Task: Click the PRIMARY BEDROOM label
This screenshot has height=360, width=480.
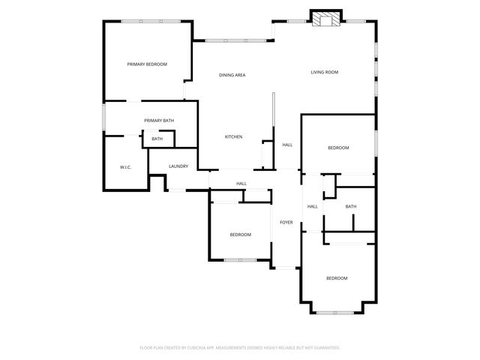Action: click(x=147, y=64)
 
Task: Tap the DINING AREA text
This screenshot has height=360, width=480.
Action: click(x=232, y=75)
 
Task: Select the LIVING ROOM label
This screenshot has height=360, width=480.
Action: click(x=325, y=72)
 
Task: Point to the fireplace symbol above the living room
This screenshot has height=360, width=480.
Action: click(x=326, y=20)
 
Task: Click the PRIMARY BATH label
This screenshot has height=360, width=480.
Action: click(x=159, y=121)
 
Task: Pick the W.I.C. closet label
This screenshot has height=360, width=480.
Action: click(x=125, y=166)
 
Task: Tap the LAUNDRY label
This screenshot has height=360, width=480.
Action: click(x=178, y=166)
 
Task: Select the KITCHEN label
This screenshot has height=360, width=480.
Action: click(x=233, y=136)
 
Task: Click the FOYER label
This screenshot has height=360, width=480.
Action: click(x=286, y=223)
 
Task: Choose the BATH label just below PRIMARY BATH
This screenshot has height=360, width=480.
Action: click(x=157, y=139)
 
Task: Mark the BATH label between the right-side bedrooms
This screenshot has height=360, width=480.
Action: click(x=350, y=207)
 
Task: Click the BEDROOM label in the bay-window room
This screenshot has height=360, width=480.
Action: click(x=337, y=278)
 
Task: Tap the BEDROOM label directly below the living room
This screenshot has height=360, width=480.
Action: click(x=338, y=148)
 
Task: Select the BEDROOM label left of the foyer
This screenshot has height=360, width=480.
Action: click(x=240, y=235)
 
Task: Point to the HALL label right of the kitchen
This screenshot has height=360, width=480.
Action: click(x=287, y=145)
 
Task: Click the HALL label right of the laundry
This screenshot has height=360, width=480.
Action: click(x=241, y=184)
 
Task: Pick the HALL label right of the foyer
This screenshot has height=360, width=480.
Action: click(x=312, y=207)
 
